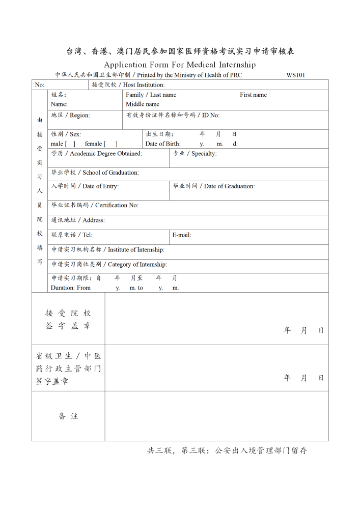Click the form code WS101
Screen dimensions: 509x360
click(x=295, y=75)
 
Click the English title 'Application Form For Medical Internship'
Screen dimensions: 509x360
click(x=180, y=65)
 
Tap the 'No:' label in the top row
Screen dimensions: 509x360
click(x=40, y=85)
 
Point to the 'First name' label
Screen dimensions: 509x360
click(x=253, y=95)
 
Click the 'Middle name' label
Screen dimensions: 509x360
click(x=143, y=104)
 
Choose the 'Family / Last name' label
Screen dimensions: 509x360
click(x=151, y=95)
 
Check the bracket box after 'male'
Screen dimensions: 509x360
click(x=70, y=144)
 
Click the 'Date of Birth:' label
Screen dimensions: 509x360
click(x=163, y=144)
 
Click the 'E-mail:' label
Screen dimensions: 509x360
click(x=182, y=235)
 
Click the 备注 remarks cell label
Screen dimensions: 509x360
click(x=68, y=416)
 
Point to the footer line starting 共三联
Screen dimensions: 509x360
click(x=227, y=450)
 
